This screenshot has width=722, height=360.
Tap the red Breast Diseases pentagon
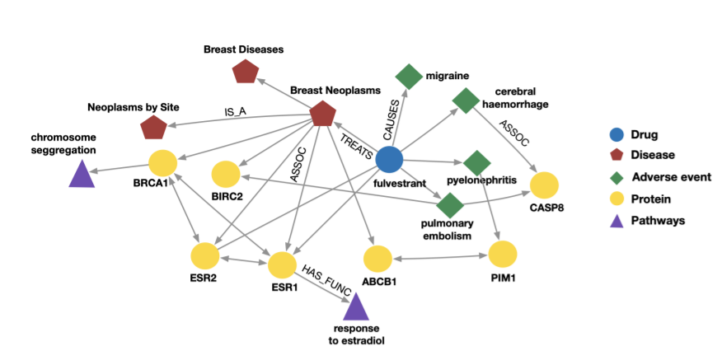pyautogui.click(x=246, y=72)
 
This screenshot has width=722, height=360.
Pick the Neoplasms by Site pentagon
pyautogui.click(x=153, y=129)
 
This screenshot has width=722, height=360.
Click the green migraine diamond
pyautogui.click(x=409, y=77)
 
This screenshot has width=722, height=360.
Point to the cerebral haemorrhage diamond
pyautogui.click(x=466, y=101)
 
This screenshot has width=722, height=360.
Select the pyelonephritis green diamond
pyautogui.click(x=476, y=162)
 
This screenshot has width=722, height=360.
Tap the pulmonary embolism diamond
pyautogui.click(x=450, y=203)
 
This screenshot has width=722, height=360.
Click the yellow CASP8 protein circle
pyautogui.click(x=545, y=186)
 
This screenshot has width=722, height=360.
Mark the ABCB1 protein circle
pyautogui.click(x=377, y=259)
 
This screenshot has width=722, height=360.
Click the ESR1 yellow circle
pyautogui.click(x=283, y=265)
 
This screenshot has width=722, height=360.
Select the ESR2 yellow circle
pyautogui.click(x=204, y=256)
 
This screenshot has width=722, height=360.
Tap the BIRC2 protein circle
pyautogui.click(x=226, y=175)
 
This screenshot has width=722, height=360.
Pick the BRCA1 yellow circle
pyautogui.click(x=162, y=164)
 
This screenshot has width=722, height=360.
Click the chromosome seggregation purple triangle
pyautogui.click(x=81, y=175)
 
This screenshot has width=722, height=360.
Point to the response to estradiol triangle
pyautogui.click(x=355, y=307)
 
